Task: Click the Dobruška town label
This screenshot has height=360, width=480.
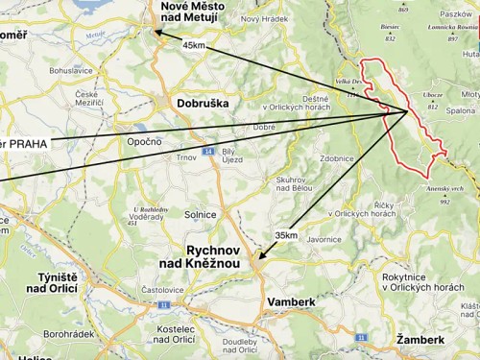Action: (202, 104)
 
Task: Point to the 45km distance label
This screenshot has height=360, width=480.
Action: (193, 45)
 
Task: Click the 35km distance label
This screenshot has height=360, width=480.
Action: (285, 234)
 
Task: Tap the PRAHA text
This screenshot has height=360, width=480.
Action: (30, 144)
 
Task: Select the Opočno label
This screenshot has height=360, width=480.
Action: (144, 140)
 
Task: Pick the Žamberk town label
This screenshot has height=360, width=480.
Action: (420, 340)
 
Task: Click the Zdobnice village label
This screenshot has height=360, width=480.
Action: (338, 156)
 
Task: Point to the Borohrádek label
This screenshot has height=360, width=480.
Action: (67, 334)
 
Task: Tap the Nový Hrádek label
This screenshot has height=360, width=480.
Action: (263, 19)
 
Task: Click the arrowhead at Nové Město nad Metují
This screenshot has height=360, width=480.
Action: (156, 33)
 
